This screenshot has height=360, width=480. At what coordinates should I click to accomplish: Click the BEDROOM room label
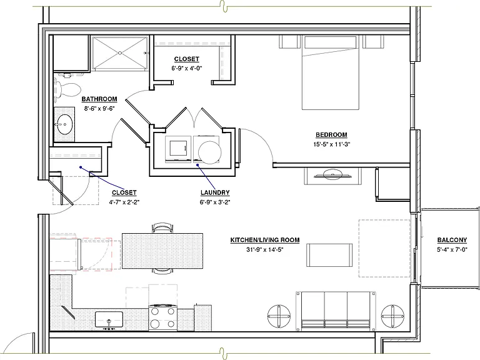[x=331, y=135]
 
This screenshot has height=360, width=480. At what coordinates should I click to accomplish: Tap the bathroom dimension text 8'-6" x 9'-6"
[x=99, y=108]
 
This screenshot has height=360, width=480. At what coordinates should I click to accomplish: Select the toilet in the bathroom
[x=67, y=89]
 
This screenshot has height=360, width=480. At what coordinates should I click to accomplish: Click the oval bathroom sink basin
[x=64, y=124]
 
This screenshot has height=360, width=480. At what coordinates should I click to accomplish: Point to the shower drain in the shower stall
[x=120, y=53]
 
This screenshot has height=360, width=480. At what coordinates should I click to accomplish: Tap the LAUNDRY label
[x=215, y=192]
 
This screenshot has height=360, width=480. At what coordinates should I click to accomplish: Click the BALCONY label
[x=452, y=240]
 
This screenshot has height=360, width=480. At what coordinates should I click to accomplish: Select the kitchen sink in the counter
[x=109, y=319]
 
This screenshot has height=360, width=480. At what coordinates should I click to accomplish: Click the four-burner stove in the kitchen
[x=163, y=317]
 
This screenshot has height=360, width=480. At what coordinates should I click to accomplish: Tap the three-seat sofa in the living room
[x=336, y=311]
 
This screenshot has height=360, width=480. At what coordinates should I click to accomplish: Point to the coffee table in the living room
[x=329, y=255]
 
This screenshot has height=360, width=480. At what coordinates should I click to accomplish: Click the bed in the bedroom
[x=330, y=72]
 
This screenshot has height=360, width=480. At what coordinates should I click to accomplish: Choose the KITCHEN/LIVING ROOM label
[x=265, y=240]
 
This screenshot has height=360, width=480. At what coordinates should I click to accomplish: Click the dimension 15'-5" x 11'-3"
[x=331, y=144]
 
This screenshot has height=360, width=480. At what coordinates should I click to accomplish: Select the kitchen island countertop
[x=162, y=251]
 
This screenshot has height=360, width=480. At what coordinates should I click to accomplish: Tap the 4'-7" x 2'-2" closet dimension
[x=124, y=202]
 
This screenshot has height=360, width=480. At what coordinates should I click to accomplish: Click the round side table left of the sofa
[x=279, y=316]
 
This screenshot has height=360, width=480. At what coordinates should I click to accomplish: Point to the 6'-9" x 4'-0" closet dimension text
[x=187, y=68]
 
